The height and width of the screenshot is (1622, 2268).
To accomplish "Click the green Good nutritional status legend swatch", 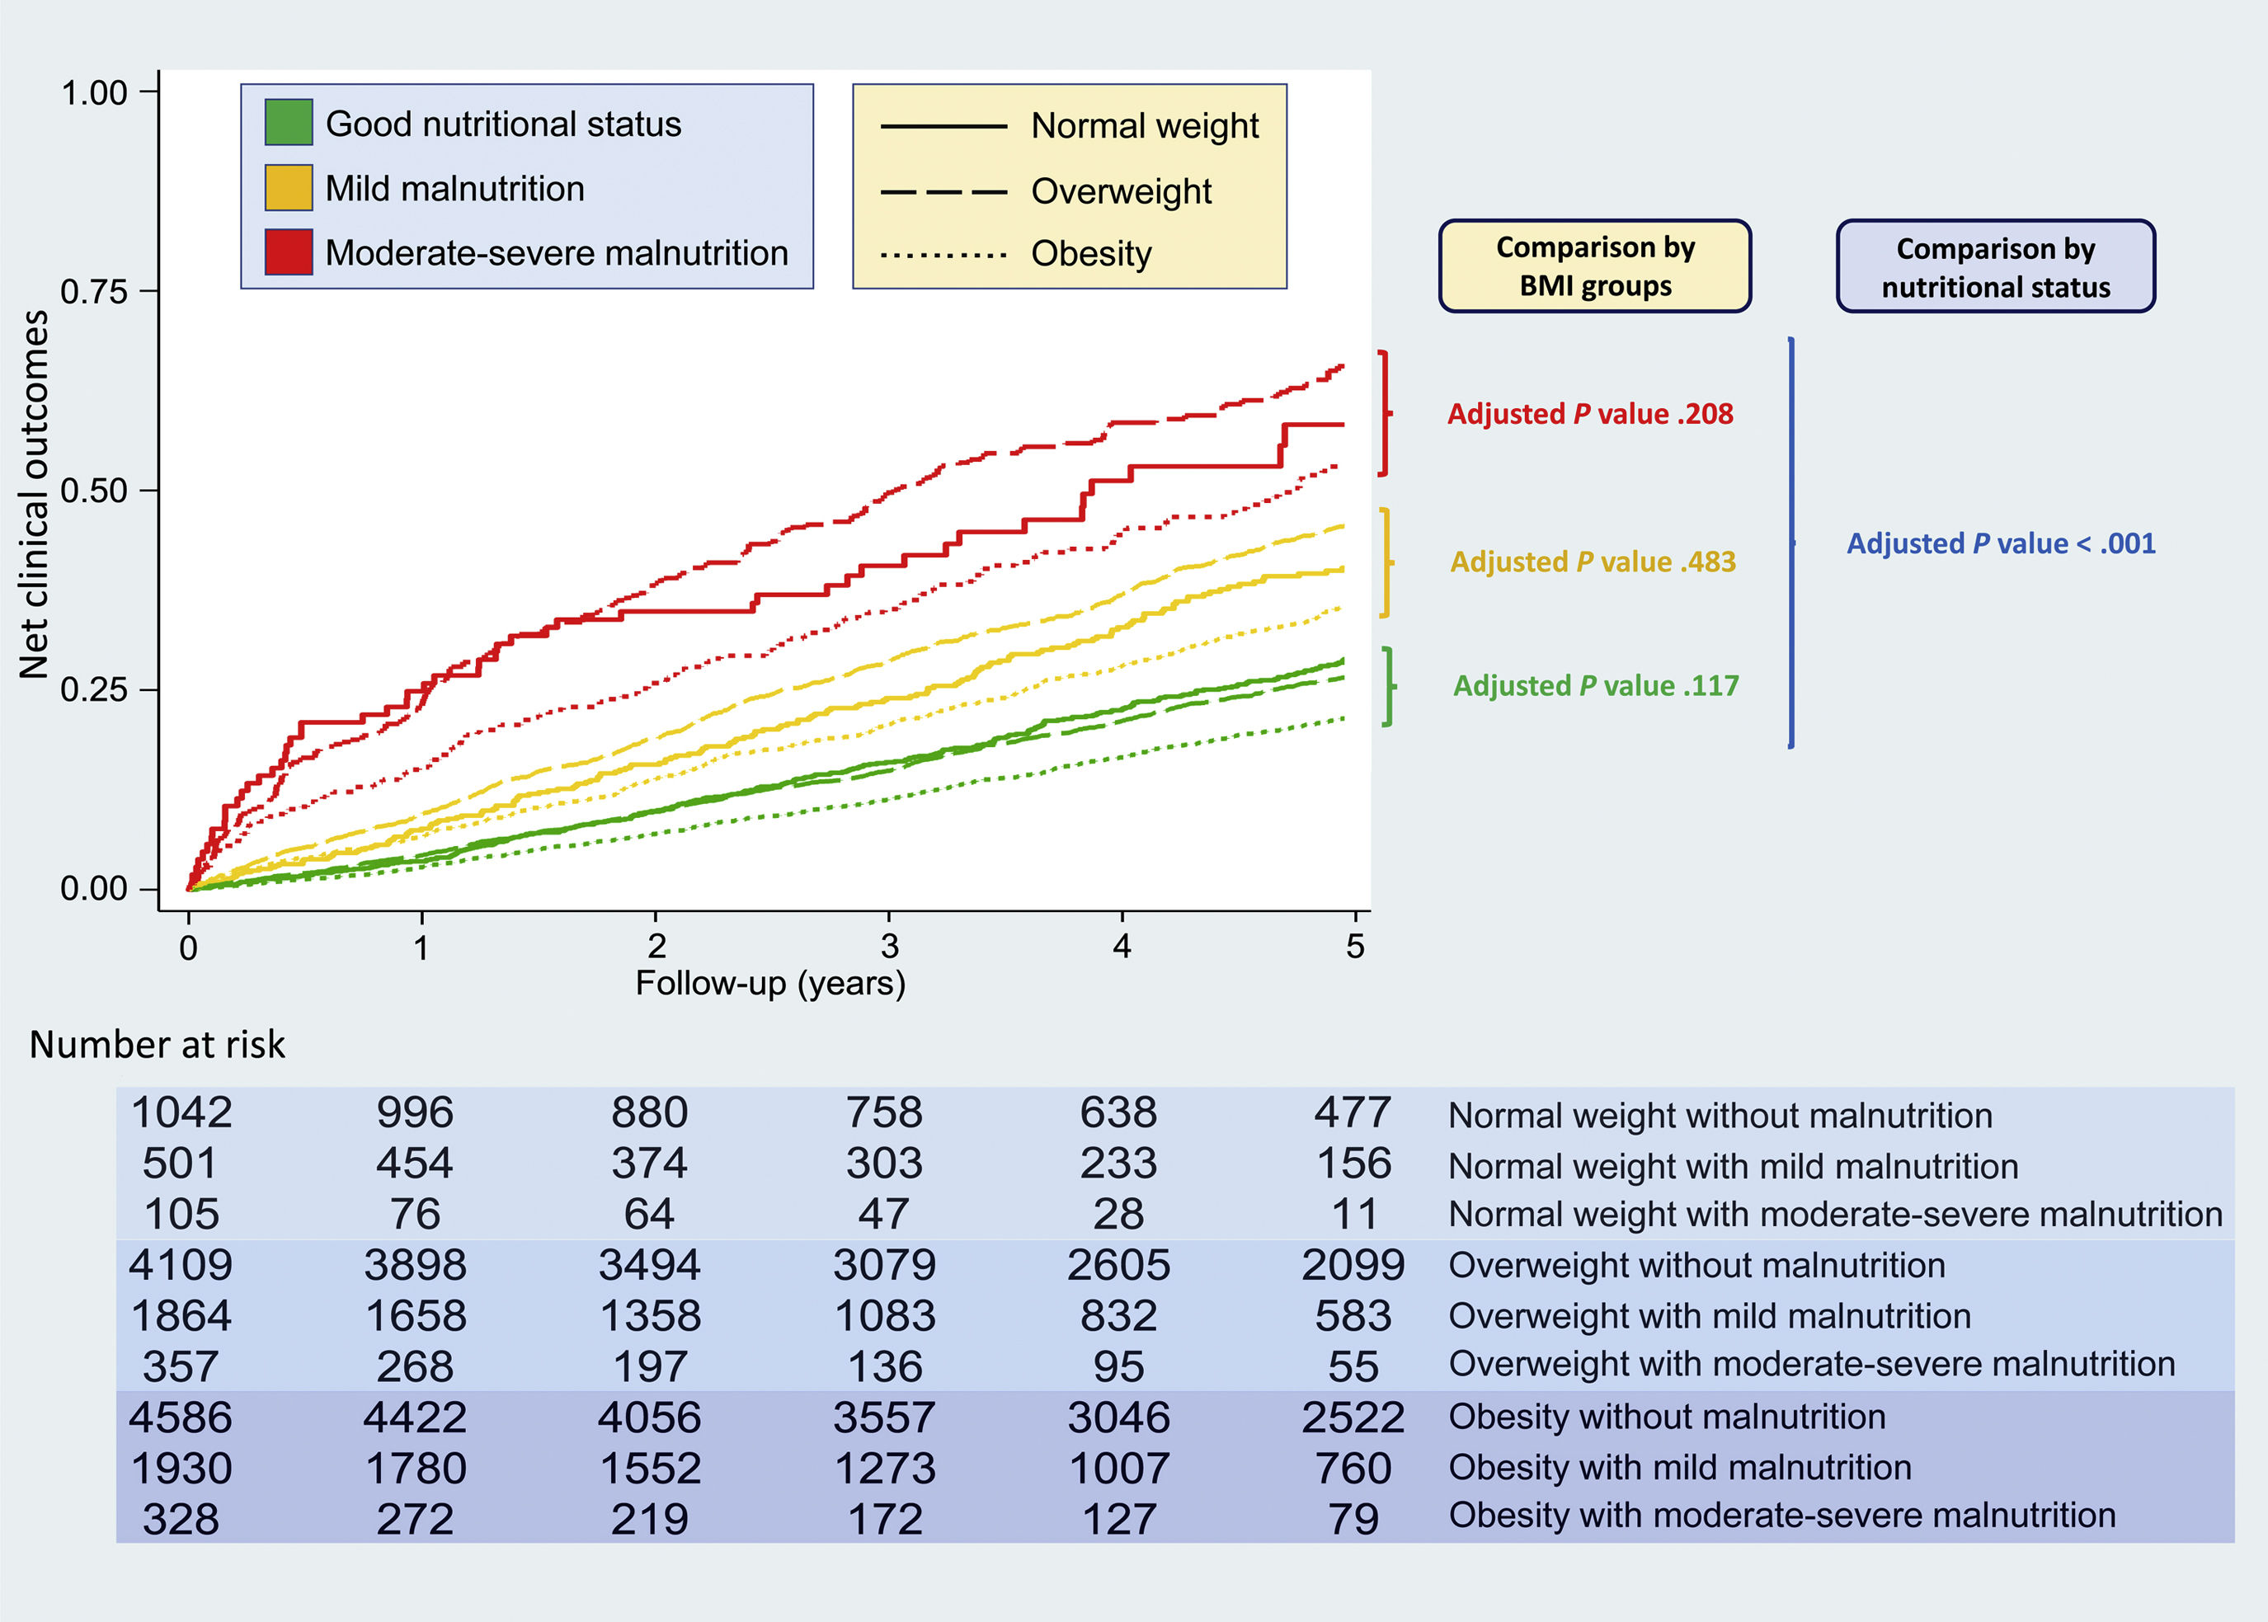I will pyautogui.click(x=288, y=123).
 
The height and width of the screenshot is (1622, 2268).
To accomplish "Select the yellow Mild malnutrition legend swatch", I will pyautogui.click(x=288, y=188).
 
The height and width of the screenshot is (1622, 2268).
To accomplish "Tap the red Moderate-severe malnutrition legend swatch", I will pyautogui.click(x=288, y=252).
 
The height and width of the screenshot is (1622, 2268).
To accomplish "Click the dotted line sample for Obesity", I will pyautogui.click(x=943, y=255).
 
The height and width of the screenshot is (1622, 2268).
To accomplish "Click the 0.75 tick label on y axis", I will pyautogui.click(x=94, y=292).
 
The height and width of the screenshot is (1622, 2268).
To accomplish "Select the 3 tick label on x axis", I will pyautogui.click(x=889, y=946).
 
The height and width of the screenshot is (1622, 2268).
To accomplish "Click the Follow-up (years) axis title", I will pyautogui.click(x=770, y=984).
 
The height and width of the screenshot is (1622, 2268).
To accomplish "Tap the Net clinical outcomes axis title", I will pyautogui.click(x=34, y=495).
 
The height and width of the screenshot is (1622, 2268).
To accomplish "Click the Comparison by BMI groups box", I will pyautogui.click(x=1594, y=266).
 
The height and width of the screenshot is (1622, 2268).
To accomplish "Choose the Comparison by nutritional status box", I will pyautogui.click(x=1994, y=266).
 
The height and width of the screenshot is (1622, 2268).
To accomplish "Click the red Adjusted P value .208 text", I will pyautogui.click(x=1590, y=413).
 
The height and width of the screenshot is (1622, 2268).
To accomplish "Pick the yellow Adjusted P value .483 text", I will pyautogui.click(x=1593, y=562).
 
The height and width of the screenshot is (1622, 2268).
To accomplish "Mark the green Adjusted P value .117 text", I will pyautogui.click(x=1595, y=685).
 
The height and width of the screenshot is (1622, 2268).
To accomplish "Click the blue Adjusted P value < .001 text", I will pyautogui.click(x=2000, y=543).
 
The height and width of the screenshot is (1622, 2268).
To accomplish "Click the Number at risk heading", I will pyautogui.click(x=157, y=1045).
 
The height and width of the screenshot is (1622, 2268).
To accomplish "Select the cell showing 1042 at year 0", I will pyautogui.click(x=181, y=1112).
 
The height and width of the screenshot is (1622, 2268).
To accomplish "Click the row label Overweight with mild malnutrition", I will pyautogui.click(x=1709, y=1315).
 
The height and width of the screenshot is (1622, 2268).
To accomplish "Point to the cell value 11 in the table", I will pyautogui.click(x=1353, y=1215).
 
